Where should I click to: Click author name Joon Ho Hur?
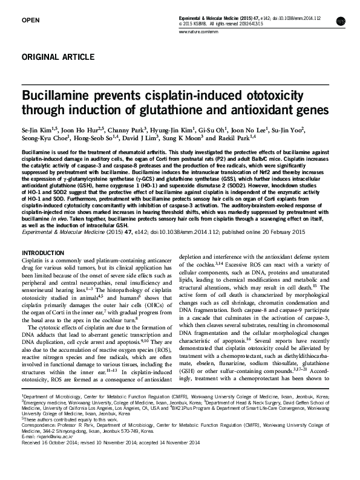click(81, 130)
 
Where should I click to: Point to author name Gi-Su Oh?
click(220, 130)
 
